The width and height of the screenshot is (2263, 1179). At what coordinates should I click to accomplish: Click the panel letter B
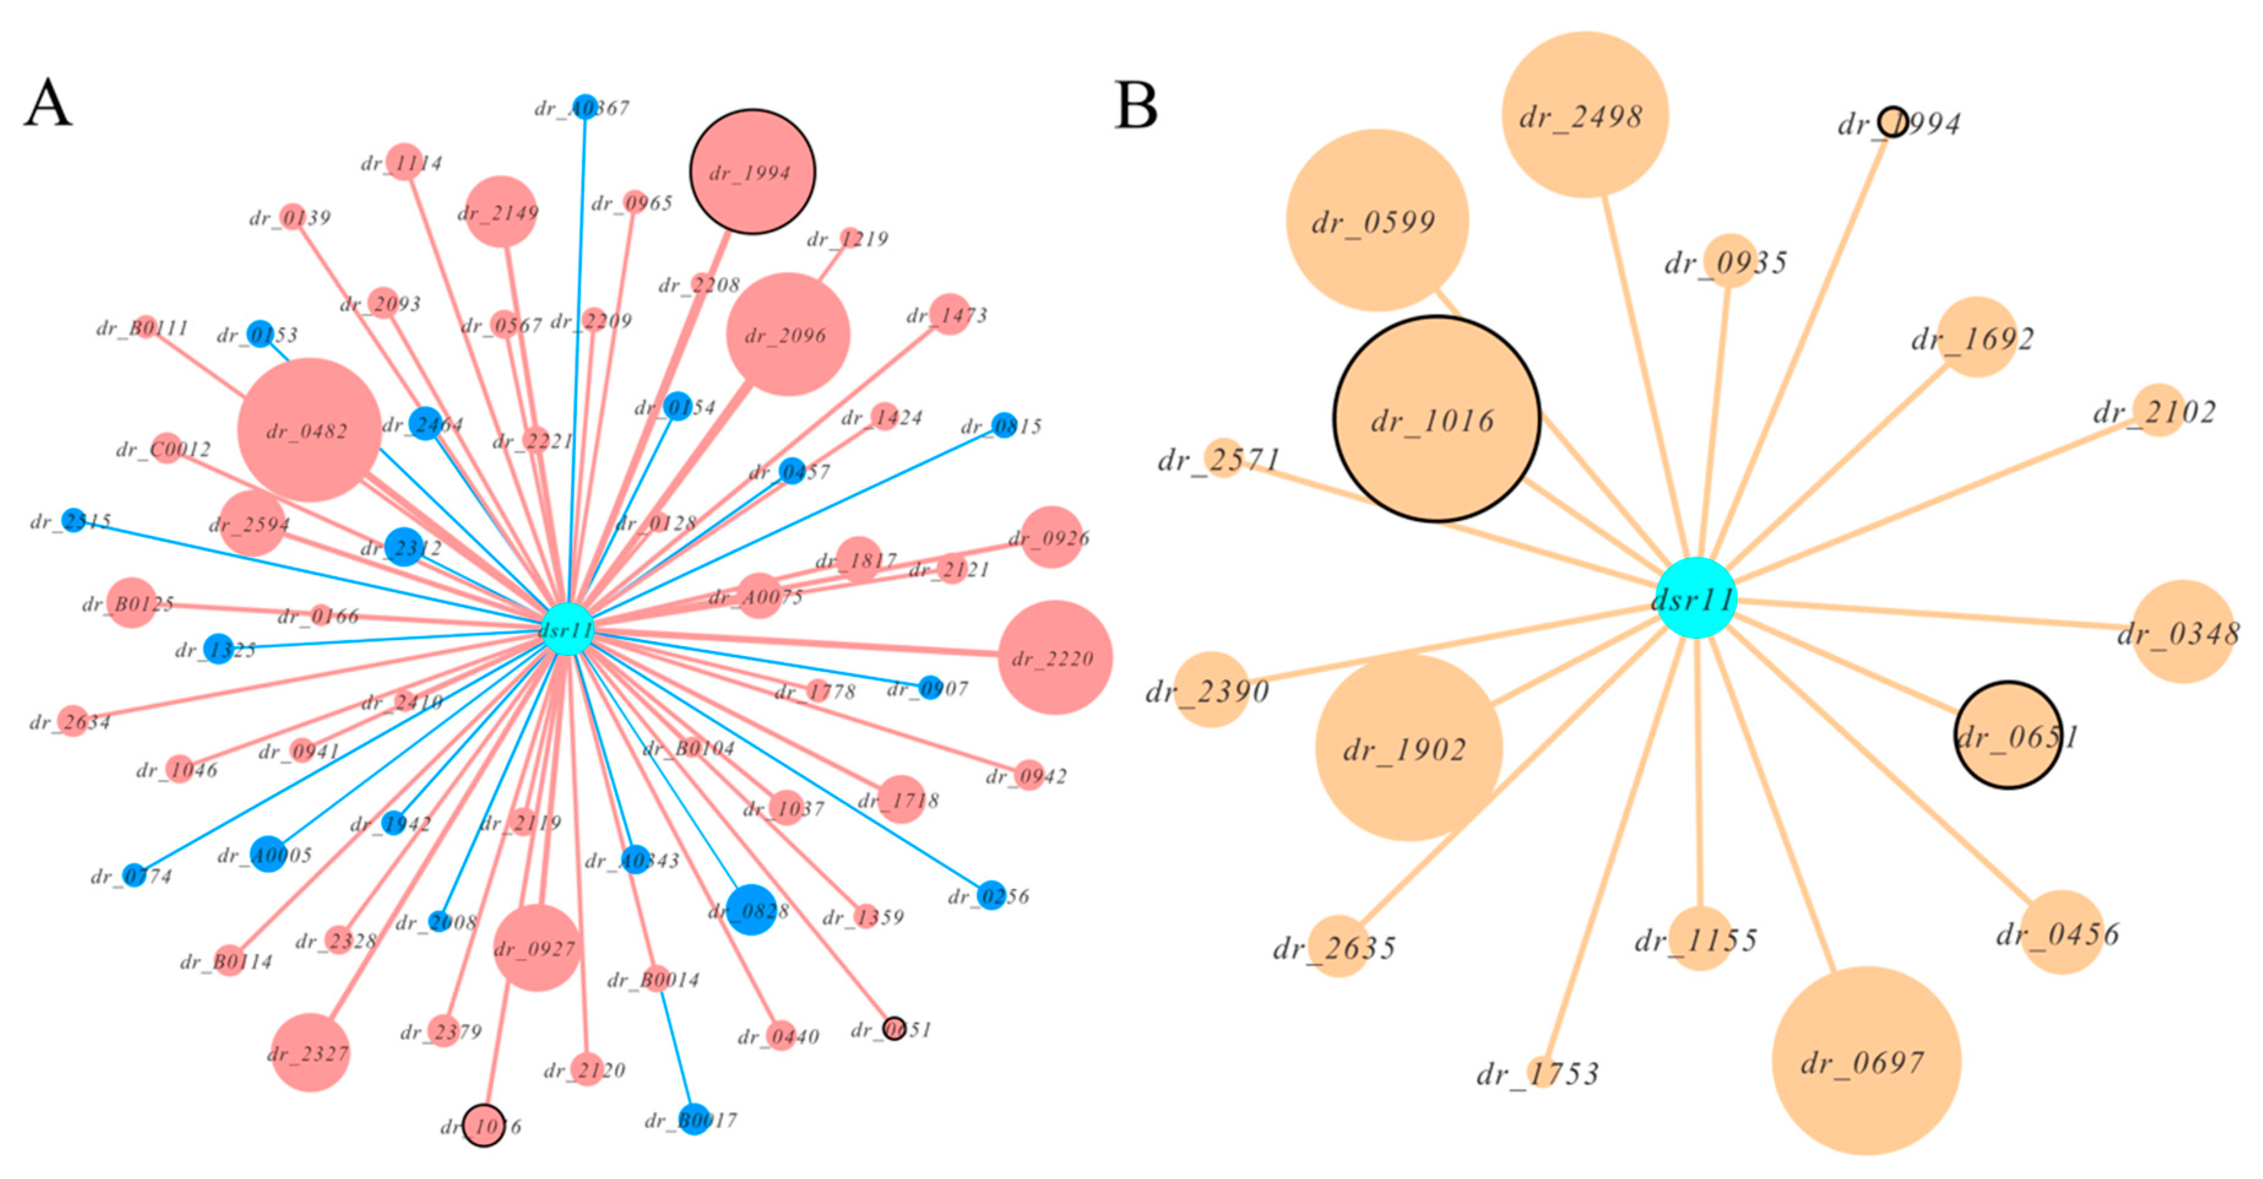(x=1136, y=105)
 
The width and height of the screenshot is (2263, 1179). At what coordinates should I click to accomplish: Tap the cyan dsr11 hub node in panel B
(x=1695, y=598)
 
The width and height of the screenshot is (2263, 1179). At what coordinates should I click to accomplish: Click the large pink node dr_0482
(x=309, y=430)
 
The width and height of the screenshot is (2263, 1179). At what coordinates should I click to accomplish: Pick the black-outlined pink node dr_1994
(x=752, y=171)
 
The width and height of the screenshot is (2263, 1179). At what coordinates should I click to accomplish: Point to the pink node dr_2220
(x=1055, y=657)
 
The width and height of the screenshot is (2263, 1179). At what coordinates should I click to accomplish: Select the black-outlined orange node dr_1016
(x=1436, y=419)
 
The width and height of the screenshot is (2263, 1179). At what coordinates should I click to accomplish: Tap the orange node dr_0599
(x=1377, y=221)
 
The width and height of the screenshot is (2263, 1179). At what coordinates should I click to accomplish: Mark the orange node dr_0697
(x=1866, y=1061)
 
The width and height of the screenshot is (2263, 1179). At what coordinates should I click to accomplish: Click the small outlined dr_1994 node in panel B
(x=1892, y=122)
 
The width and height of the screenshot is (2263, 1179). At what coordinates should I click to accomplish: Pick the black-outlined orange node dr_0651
(x=2008, y=735)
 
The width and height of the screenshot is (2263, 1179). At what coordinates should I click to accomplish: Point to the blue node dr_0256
(x=991, y=895)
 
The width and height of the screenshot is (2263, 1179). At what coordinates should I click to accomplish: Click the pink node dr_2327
(x=310, y=1053)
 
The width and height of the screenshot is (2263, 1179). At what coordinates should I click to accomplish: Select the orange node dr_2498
(x=1585, y=115)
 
